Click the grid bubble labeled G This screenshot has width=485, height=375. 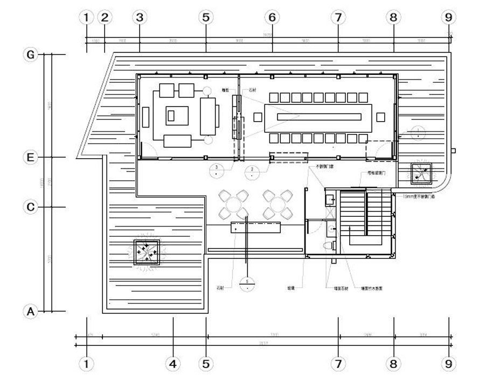click(31, 54)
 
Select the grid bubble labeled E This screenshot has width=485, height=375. click(31, 157)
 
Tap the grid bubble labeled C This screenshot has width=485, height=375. click(31, 207)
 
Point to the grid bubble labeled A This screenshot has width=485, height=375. click(31, 312)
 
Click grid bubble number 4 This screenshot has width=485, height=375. click(172, 364)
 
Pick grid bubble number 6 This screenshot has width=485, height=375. click(272, 17)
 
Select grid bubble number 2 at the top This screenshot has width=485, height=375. click(105, 17)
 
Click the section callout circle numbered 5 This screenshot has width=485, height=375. click(246, 283)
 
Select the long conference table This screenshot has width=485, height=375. click(318, 117)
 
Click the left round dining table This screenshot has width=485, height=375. click(234, 205)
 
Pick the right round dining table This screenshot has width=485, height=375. click(277, 205)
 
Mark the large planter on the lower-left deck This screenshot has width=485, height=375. click(147, 252)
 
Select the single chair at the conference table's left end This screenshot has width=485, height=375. click(258, 117)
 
